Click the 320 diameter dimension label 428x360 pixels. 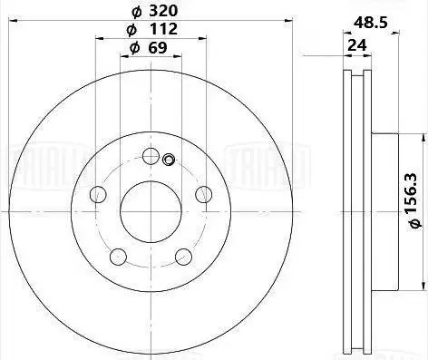coord(155,11)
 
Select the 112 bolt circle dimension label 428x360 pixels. coord(152,29)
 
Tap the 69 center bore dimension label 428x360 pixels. coord(148,48)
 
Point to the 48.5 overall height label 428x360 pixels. coord(371,23)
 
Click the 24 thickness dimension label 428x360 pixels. coord(357,45)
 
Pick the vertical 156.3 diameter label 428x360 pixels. coord(413,200)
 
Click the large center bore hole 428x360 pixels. coord(151,211)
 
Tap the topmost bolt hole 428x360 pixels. coord(151,156)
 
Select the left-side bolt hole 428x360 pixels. coord(98,194)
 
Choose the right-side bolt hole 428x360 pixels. coord(203,194)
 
